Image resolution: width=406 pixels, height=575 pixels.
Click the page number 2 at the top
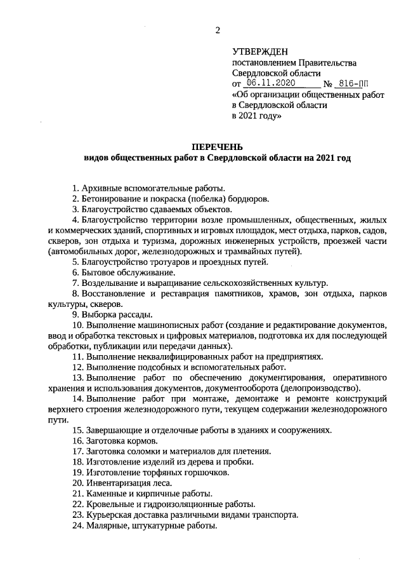(218, 30)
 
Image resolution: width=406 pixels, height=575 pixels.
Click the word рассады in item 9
(131, 314)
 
